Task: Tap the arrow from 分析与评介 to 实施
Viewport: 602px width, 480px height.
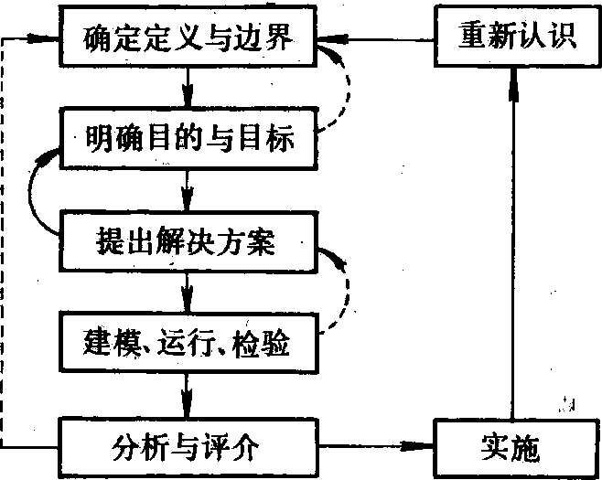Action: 375,448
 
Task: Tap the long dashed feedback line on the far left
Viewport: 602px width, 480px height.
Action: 4,247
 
